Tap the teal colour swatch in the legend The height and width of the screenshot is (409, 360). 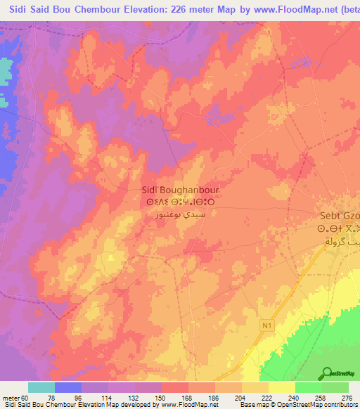click(41, 387)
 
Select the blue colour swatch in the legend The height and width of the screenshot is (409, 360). click(68, 387)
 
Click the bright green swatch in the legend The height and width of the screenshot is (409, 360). click(308, 387)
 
